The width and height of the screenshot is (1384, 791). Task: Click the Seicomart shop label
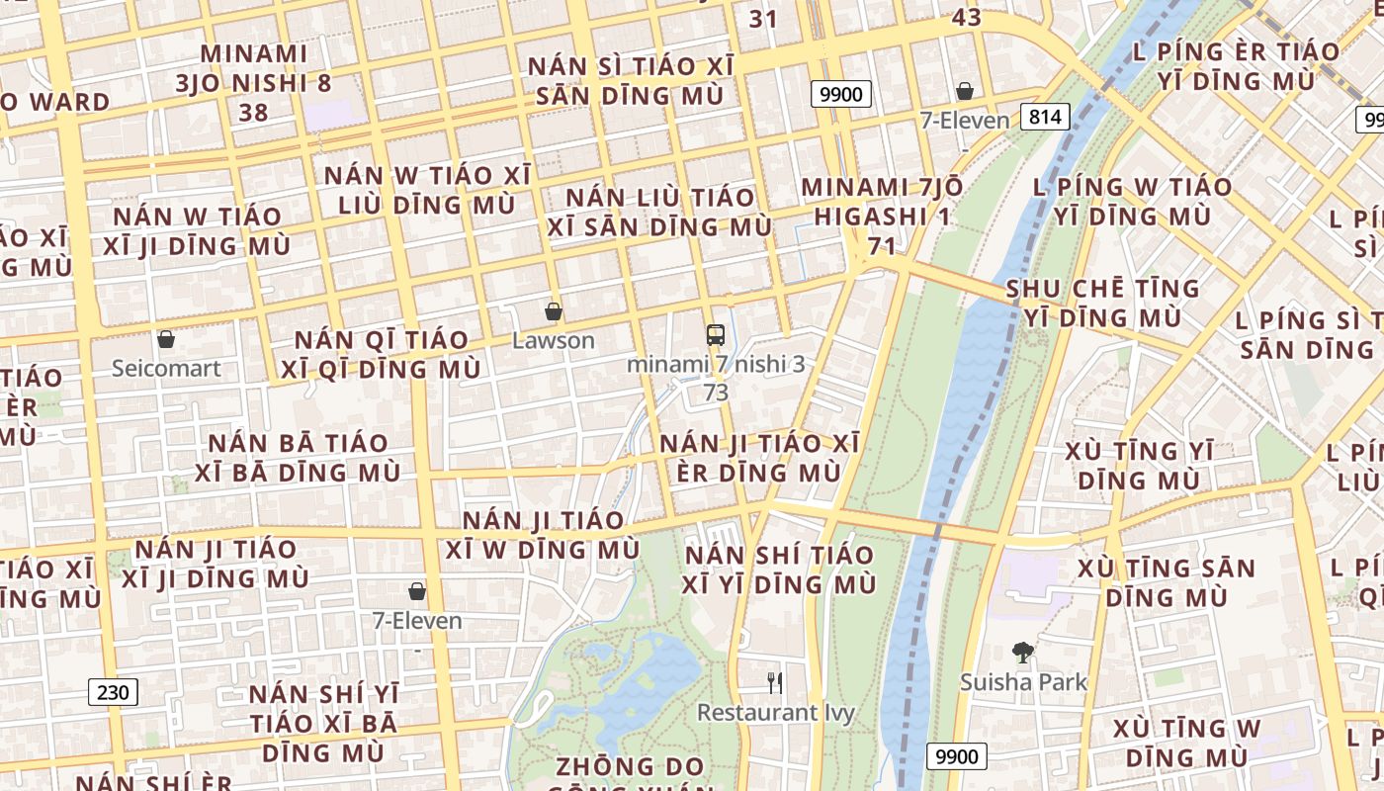[x=166, y=368]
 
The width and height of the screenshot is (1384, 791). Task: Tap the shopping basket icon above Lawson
[x=554, y=311]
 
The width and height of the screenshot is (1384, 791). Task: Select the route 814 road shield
[x=1044, y=117]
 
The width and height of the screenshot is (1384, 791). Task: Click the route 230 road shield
[x=113, y=692]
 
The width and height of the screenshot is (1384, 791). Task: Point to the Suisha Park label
[x=1023, y=681]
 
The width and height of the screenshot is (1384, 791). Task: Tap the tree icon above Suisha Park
[x=1023, y=653]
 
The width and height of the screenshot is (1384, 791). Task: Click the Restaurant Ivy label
[x=775, y=712]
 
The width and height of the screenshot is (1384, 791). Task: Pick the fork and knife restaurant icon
[x=775, y=682]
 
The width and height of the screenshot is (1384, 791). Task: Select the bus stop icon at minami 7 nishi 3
[x=716, y=335]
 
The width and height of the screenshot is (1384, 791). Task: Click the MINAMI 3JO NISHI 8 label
[x=253, y=67]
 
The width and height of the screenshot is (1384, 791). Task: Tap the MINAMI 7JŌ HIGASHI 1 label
[x=869, y=201]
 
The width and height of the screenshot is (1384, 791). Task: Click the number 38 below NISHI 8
[x=253, y=113]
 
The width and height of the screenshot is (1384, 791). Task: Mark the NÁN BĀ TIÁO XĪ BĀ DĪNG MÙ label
[x=297, y=457]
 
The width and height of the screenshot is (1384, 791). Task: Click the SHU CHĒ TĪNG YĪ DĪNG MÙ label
[x=1102, y=303]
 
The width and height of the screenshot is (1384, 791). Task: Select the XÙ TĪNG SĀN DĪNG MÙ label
[x=1166, y=582]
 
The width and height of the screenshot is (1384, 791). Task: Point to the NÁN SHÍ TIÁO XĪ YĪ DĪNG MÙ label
[x=779, y=569]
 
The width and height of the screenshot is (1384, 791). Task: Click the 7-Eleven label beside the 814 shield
[x=964, y=121]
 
